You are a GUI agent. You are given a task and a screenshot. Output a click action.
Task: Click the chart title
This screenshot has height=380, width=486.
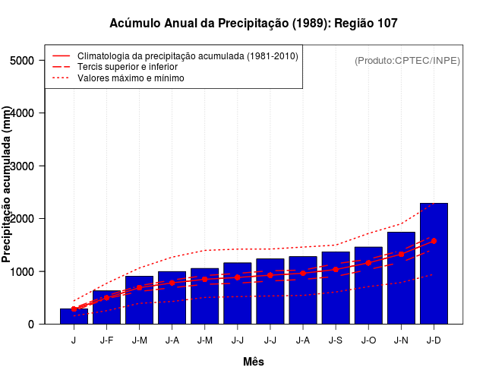253,24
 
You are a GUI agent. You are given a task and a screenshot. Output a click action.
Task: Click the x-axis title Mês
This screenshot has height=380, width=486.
253,362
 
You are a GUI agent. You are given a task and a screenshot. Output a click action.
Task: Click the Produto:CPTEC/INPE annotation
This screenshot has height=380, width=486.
407,61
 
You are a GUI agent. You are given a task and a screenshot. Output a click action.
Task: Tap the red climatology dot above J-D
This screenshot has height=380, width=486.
434,241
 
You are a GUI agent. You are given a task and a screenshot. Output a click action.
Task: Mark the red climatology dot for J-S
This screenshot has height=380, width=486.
336,269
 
